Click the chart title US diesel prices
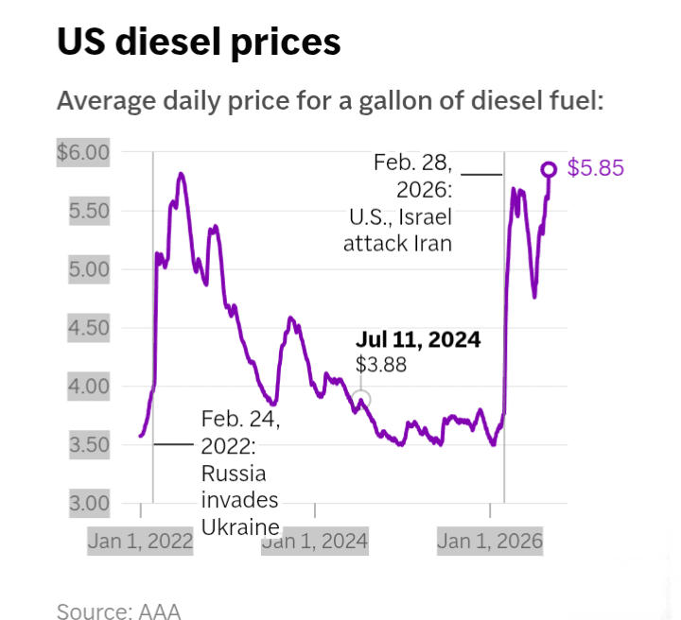(x=199, y=43)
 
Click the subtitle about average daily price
(x=330, y=101)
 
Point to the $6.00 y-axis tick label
(x=83, y=152)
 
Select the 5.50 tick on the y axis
(x=89, y=211)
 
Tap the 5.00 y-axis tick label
(x=89, y=269)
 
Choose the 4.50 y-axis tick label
(x=89, y=328)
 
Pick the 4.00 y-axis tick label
(x=89, y=387)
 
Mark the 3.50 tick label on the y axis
(x=89, y=445)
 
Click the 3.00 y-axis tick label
(x=89, y=504)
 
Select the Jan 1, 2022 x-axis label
(x=140, y=541)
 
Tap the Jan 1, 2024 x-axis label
(x=315, y=541)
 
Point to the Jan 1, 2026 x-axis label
(x=490, y=541)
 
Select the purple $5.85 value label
(x=596, y=168)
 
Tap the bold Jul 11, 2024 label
(x=418, y=339)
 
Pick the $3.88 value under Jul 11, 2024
(x=381, y=365)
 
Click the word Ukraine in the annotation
(x=240, y=527)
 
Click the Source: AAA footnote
(x=118, y=611)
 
